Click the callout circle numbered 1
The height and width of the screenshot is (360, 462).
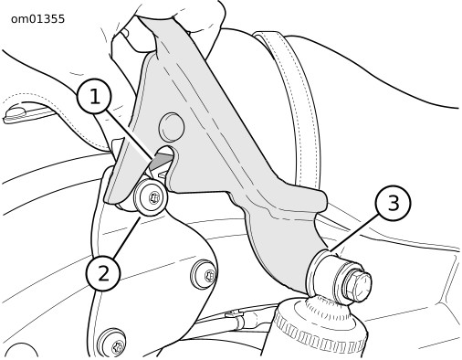click(95, 97)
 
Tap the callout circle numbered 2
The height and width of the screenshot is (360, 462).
click(103, 273)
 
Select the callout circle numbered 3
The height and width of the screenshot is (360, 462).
click(394, 203)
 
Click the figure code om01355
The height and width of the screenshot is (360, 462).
click(37, 19)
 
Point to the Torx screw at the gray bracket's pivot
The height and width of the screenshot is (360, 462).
click(151, 197)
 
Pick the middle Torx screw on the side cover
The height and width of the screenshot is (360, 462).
click(205, 275)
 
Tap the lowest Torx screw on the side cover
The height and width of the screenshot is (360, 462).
click(112, 343)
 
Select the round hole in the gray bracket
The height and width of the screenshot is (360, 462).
click(172, 127)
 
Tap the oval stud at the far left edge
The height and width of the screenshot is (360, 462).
click(15, 113)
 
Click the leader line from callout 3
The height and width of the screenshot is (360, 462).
click(355, 231)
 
